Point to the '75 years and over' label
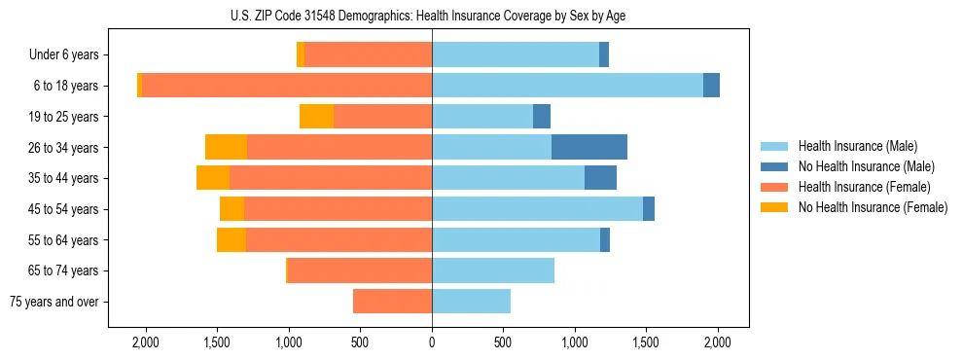point(53,302)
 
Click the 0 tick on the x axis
point(432,342)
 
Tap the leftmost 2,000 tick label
point(145,342)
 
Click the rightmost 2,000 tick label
point(718,342)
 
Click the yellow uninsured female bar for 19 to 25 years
point(316,117)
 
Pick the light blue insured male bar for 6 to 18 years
point(567,86)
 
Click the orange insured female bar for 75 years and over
point(392,302)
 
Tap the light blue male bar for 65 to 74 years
point(493,270)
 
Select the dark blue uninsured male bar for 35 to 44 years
point(600,178)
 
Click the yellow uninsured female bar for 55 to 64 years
point(232,240)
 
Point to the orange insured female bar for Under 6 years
point(368,55)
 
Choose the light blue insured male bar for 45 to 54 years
point(537,209)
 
